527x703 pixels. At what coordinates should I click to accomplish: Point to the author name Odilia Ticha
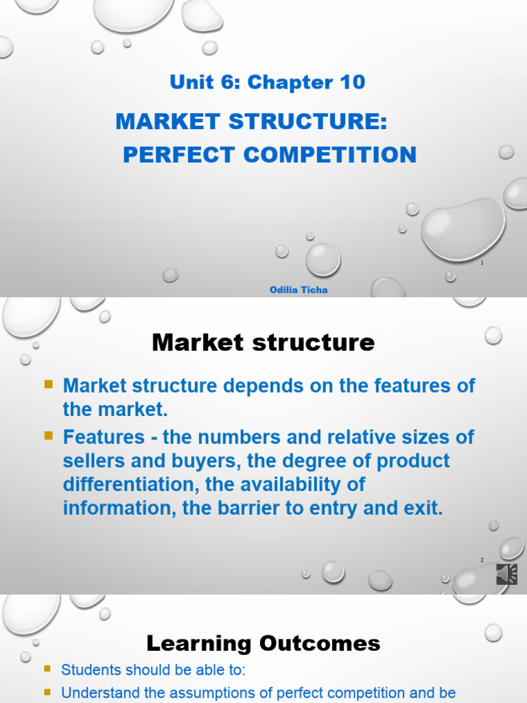298,290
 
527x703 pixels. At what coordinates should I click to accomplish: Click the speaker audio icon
506,574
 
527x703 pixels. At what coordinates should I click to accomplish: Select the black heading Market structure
263,342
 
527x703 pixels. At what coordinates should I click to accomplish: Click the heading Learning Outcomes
263,643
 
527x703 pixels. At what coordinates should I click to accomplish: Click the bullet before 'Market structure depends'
49,384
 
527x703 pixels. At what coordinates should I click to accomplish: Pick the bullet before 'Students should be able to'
47,667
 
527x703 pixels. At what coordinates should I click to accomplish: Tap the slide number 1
482,262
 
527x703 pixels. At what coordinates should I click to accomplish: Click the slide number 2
482,560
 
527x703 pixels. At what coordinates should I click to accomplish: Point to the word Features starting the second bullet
104,437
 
